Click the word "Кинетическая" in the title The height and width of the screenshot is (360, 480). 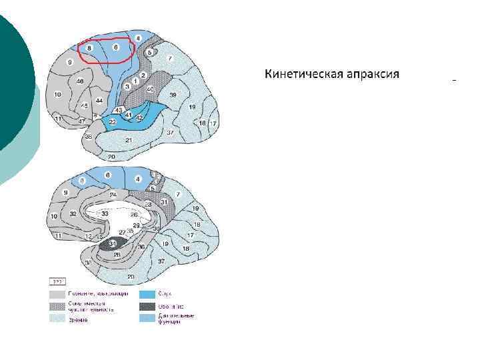(x=302, y=73)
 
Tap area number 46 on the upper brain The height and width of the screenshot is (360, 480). (x=80, y=81)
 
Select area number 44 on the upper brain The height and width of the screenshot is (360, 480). (x=99, y=101)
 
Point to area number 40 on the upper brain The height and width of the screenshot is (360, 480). (x=150, y=89)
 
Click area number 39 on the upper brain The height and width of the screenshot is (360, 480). (x=173, y=95)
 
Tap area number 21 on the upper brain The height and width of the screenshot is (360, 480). (x=129, y=139)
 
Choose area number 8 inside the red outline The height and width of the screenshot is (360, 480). (x=89, y=49)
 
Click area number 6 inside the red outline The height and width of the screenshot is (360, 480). (x=115, y=47)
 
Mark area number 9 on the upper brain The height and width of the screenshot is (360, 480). (x=69, y=61)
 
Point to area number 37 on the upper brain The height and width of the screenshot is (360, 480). (x=170, y=133)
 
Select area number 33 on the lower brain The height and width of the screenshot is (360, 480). (x=105, y=213)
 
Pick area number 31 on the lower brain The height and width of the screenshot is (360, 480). (x=163, y=202)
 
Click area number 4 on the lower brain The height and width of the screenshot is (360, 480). (x=138, y=178)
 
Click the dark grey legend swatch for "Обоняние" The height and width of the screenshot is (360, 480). (x=147, y=307)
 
